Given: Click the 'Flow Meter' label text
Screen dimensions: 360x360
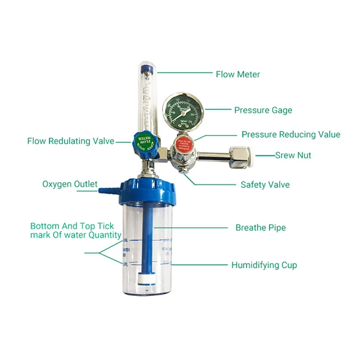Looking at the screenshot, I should (x=238, y=74).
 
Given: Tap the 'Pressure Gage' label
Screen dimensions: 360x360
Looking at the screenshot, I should (x=263, y=110).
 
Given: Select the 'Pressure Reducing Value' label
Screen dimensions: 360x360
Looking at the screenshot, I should (x=290, y=134).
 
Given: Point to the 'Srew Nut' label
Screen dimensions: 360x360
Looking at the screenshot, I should (x=292, y=155).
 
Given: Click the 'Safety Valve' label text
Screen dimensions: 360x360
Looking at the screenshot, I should (x=265, y=184).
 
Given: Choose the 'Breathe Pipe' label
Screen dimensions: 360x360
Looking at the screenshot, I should (x=260, y=228).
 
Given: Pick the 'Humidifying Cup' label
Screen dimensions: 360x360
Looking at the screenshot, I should (x=264, y=265).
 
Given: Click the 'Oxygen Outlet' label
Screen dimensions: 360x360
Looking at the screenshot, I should (x=70, y=184).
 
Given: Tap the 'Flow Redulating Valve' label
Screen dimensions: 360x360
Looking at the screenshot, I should (x=70, y=141).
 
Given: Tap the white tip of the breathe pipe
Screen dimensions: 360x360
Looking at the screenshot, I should (x=147, y=279).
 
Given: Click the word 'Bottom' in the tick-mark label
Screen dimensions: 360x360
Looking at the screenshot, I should (x=44, y=226).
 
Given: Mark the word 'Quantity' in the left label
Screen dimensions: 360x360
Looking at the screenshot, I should (x=105, y=235).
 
